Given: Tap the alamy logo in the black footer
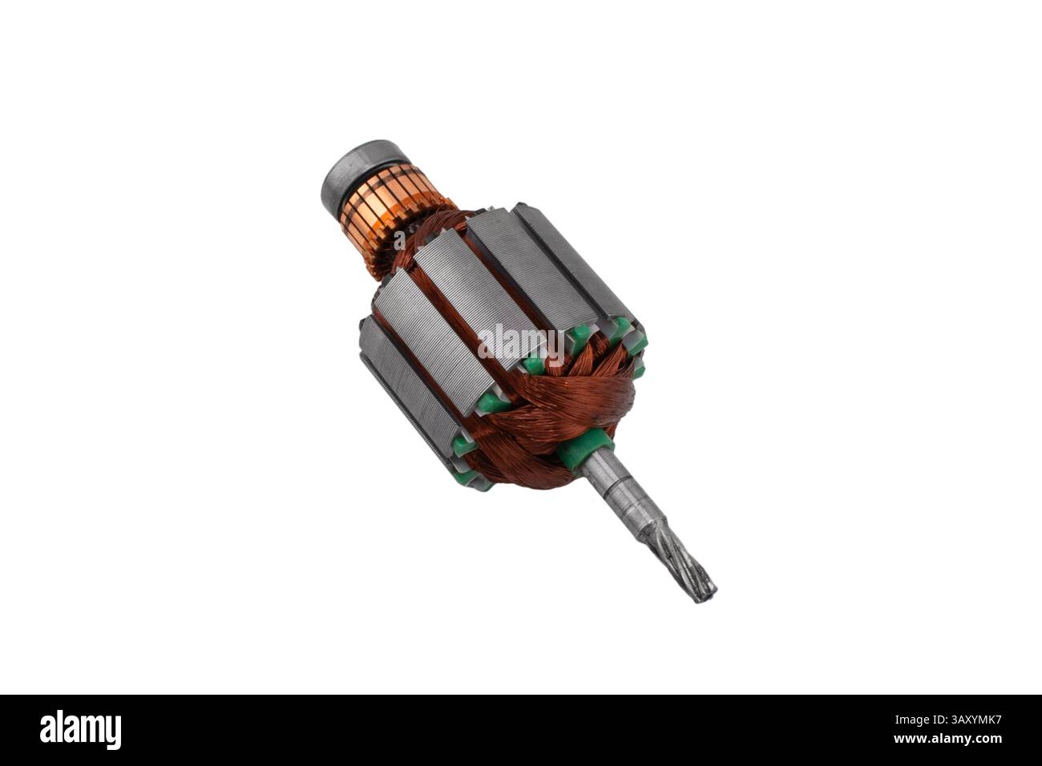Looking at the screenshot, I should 80,729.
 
